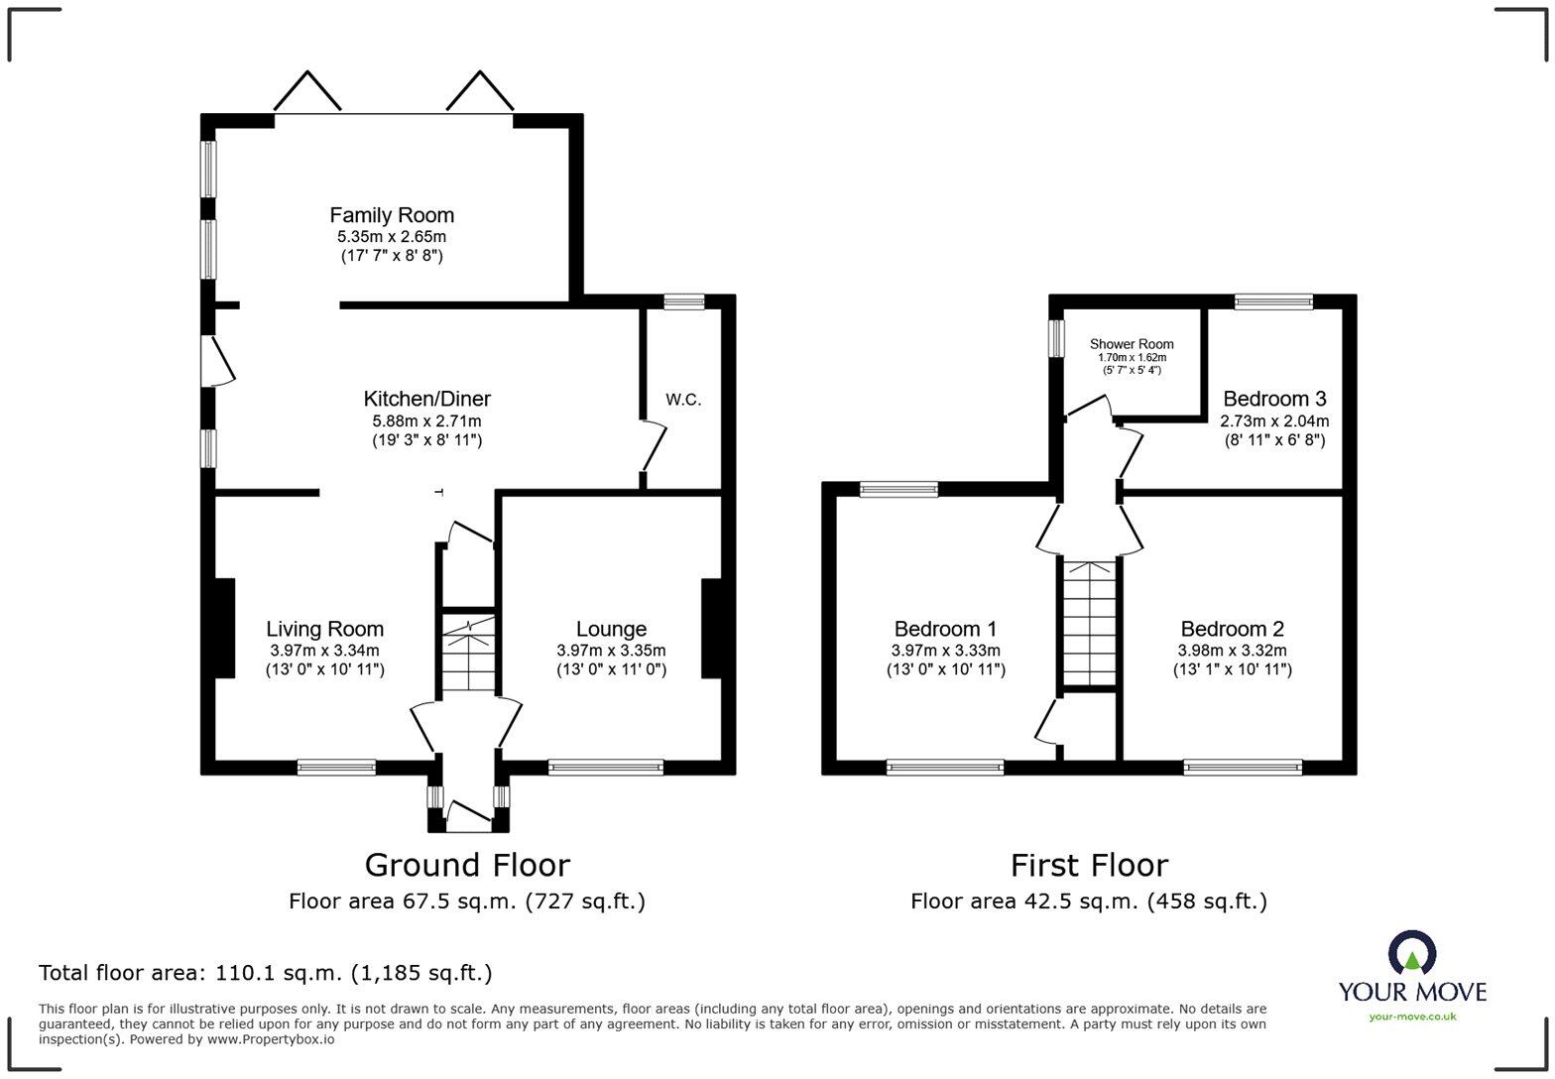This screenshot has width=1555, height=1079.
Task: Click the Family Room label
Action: [392, 215]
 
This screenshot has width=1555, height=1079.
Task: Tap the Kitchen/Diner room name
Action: [426, 399]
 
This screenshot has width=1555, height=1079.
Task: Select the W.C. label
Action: [683, 400]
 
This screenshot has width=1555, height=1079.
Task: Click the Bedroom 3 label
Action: [1274, 399]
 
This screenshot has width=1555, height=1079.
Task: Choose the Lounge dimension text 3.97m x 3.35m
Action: [611, 651]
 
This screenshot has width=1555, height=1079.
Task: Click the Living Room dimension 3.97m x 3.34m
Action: [324, 651]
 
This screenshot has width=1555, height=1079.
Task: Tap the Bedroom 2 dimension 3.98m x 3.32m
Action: [1232, 651]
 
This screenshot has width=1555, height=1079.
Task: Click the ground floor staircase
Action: [468, 655]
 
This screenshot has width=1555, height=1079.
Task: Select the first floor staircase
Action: [1090, 621]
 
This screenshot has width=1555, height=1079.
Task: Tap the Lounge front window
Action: [605, 767]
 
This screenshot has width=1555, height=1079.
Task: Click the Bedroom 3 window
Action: [1273, 302]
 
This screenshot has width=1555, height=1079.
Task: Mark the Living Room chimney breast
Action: [223, 628]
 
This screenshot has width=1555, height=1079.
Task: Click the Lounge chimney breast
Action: [711, 628]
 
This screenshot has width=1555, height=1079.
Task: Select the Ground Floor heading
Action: [467, 865]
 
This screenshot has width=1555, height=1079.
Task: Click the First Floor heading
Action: [1089, 865]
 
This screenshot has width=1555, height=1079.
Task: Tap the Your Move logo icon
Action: [1411, 954]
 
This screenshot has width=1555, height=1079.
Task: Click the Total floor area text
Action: [266, 973]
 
